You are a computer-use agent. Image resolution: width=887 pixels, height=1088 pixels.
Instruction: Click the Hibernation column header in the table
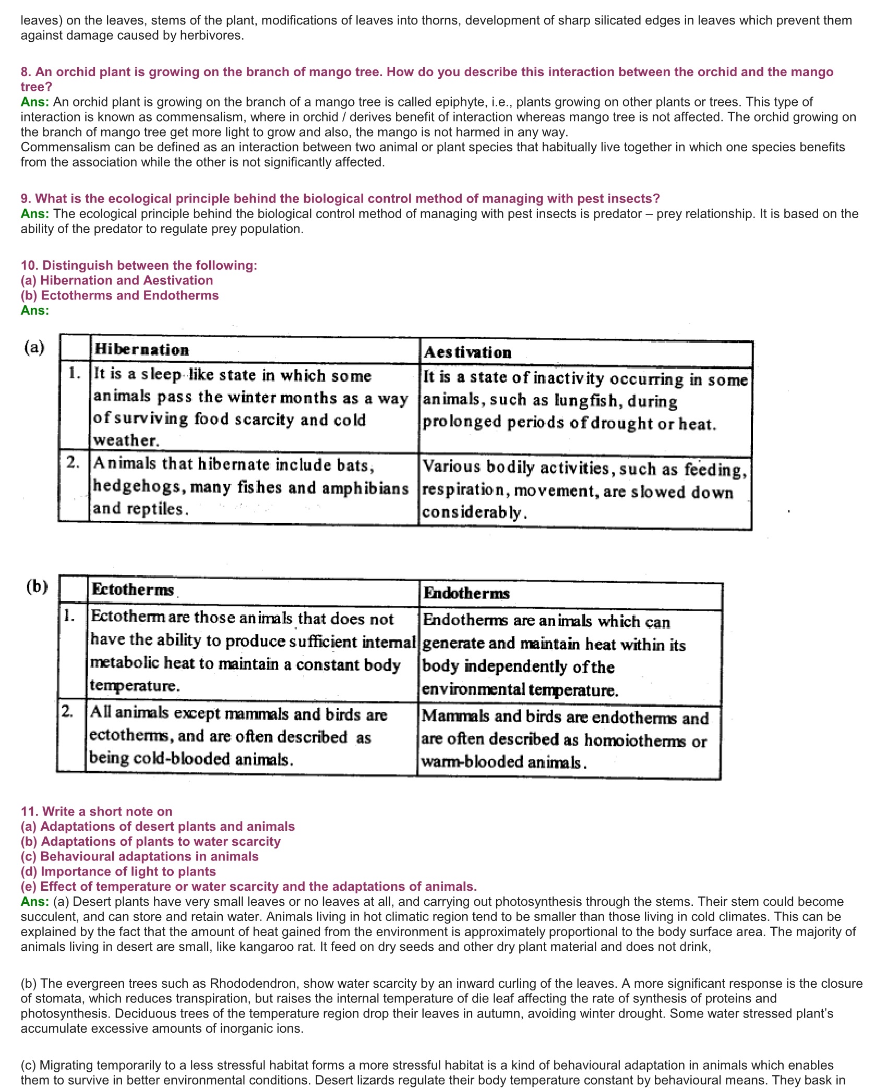click(x=141, y=350)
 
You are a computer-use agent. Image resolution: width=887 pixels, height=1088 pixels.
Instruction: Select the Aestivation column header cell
click(x=468, y=352)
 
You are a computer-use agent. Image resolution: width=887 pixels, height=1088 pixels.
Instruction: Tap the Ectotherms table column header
click(x=133, y=589)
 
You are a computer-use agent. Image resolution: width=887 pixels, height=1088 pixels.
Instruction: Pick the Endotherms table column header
click(x=466, y=593)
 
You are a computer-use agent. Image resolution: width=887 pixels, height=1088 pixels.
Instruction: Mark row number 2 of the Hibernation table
click(x=74, y=462)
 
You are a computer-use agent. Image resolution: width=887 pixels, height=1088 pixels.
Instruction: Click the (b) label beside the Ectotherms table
click(x=37, y=586)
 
